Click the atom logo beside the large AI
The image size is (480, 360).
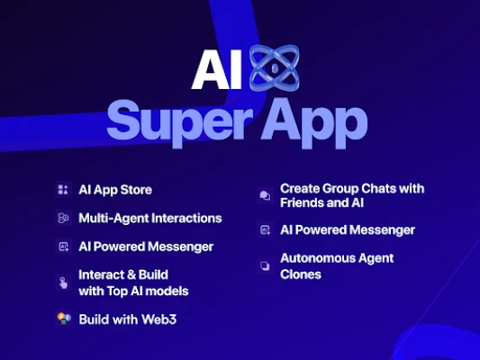[x=274, y=67]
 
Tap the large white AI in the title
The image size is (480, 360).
[x=217, y=69]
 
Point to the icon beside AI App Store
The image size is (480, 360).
[x=63, y=190]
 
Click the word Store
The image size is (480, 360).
[x=136, y=190]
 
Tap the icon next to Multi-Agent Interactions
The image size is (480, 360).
[x=63, y=218]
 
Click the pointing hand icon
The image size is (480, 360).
[x=63, y=283]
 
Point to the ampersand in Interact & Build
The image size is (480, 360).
[x=131, y=274]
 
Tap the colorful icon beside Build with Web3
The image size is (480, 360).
[x=64, y=319]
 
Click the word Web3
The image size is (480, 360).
[x=158, y=319]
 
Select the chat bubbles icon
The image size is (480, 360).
[x=265, y=195]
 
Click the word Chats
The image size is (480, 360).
[x=374, y=189]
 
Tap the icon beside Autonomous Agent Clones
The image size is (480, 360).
[x=265, y=265]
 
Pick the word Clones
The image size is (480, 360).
[x=301, y=274]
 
